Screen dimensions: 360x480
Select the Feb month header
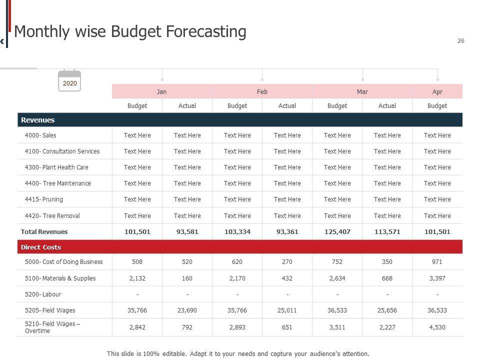pos(262,91)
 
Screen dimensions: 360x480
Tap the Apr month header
pos(437,91)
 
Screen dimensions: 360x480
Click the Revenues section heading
pos(38,120)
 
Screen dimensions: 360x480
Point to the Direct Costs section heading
pos(41,247)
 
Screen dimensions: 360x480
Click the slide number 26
pos(460,41)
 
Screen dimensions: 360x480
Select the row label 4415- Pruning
pos(44,199)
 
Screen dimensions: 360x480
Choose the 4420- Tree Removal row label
pos(52,216)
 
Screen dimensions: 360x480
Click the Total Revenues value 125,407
pos(337,232)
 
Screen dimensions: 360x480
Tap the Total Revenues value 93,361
pos(287,232)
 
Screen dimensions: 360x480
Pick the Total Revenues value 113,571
pos(387,232)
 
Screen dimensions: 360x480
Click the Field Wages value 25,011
pos(287,310)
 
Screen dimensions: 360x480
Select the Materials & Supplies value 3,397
pos(437,278)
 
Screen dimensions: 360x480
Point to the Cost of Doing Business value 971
pos(437,262)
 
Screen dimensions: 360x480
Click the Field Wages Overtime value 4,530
pos(437,327)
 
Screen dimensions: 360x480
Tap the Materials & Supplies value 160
pos(187,278)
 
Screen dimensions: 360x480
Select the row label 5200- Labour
pos(43,294)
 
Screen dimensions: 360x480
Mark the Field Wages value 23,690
pos(187,310)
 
